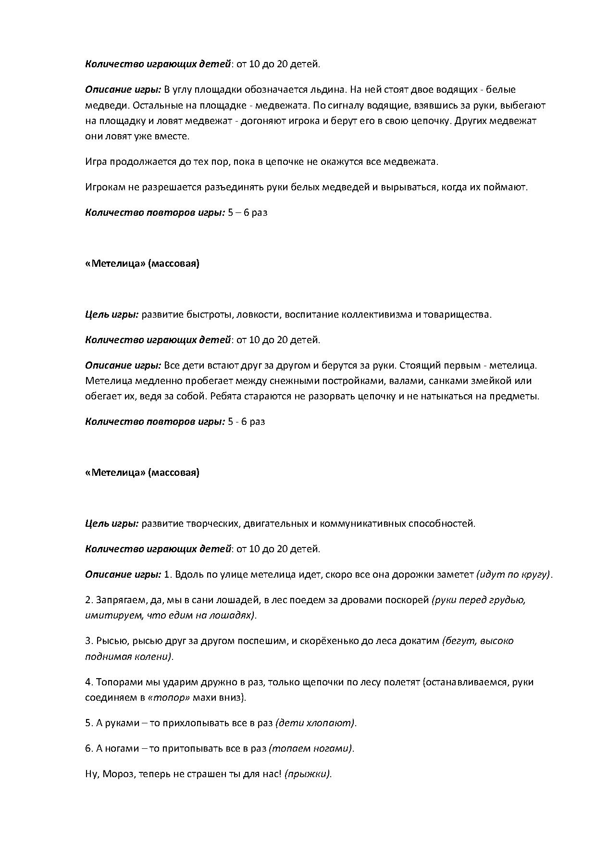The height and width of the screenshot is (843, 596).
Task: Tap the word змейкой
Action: click(500, 381)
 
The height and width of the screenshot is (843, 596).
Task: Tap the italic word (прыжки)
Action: click(308, 774)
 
